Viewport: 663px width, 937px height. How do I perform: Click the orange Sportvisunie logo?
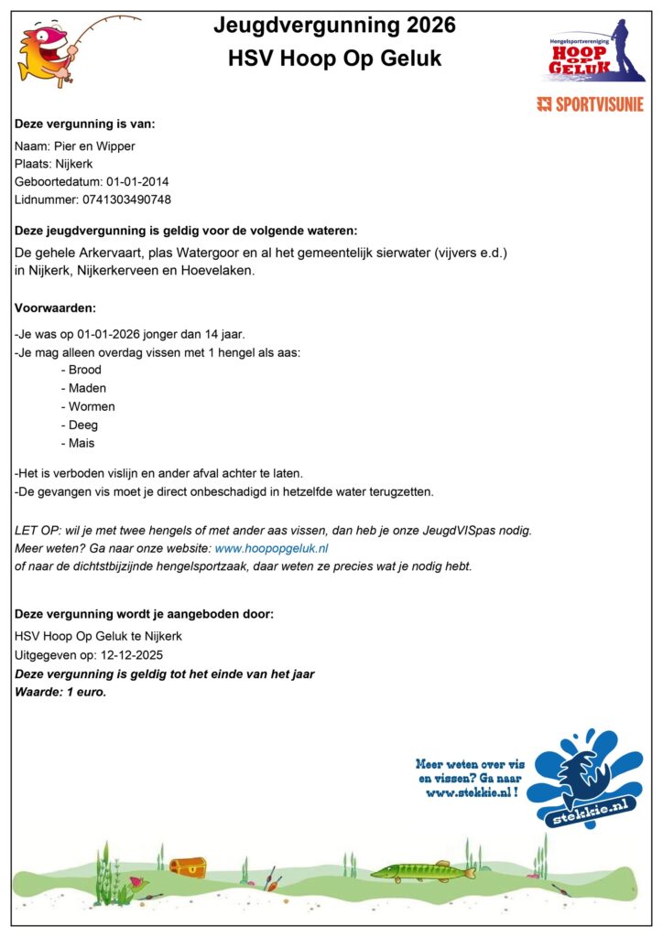tap(590, 104)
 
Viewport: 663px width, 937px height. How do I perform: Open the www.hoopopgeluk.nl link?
tap(271, 548)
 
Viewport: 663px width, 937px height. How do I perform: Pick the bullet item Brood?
tap(84, 370)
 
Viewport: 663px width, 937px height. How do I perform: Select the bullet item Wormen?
tap(91, 406)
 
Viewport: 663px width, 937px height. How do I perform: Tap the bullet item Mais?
tap(82, 443)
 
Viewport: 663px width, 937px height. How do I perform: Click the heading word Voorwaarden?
tap(56, 308)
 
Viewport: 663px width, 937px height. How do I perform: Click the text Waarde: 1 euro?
tap(60, 692)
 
